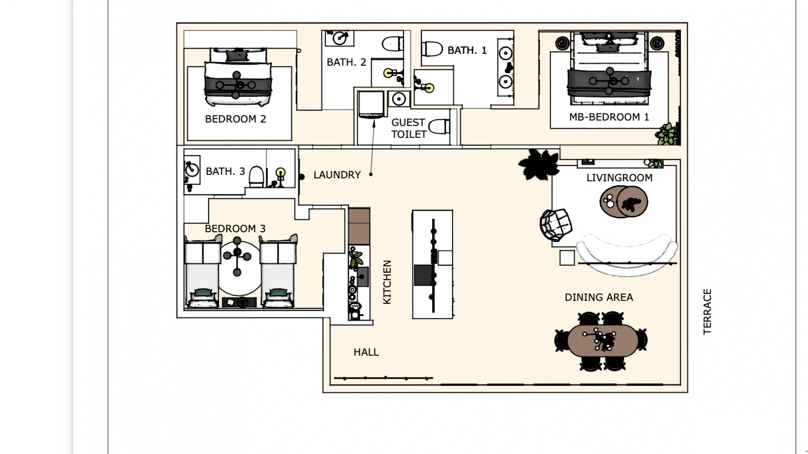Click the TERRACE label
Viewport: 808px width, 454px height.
pos(707,311)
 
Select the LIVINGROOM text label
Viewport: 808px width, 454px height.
pos(619,178)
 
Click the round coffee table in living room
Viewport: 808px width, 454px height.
pos(624,202)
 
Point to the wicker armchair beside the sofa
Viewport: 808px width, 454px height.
pos(555,225)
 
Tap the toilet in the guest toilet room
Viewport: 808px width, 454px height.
pos(439,126)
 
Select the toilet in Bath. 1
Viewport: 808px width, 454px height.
pos(432,49)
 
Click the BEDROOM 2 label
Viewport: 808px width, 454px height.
pos(235,119)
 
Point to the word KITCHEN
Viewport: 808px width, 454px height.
pos(387,282)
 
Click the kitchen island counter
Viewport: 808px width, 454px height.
pos(432,265)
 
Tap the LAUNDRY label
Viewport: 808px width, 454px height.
pos(337,175)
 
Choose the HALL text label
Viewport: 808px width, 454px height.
pos(366,352)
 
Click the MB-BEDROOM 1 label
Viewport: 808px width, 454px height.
pos(609,117)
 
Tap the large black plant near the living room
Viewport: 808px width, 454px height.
pos(539,164)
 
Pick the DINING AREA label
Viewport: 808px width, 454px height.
pos(598,298)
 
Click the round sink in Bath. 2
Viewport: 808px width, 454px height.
pos(339,39)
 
